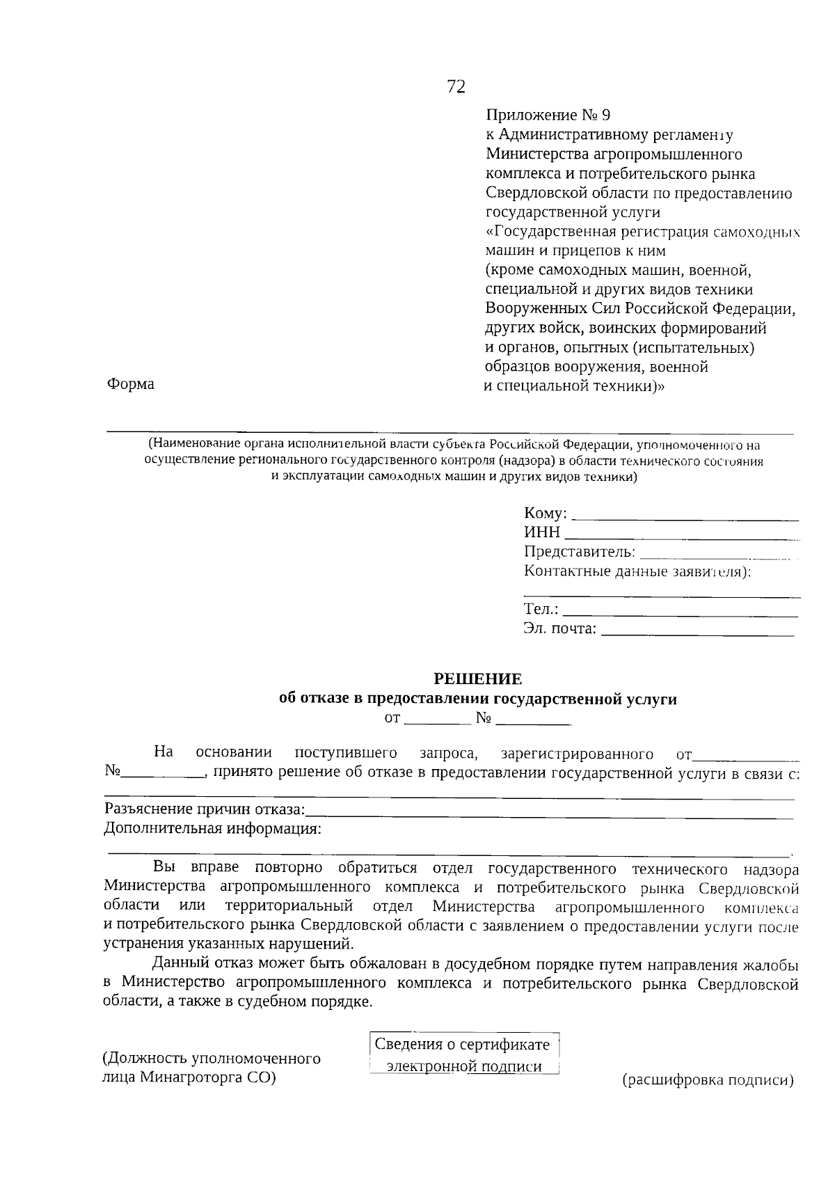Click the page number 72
pyautogui.click(x=456, y=86)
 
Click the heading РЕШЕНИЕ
pyautogui.click(x=477, y=679)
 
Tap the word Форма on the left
pyautogui.click(x=131, y=384)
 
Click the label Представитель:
pyautogui.click(x=579, y=553)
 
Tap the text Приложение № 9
pyautogui.click(x=548, y=115)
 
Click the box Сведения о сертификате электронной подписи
pyautogui.click(x=463, y=1055)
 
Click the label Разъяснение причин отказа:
pyautogui.click(x=205, y=809)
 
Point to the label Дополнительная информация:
pyautogui.click(x=212, y=829)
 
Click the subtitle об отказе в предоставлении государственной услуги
pyautogui.click(x=477, y=699)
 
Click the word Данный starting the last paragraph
pyautogui.click(x=177, y=965)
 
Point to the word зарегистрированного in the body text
pyautogui.click(x=577, y=754)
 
